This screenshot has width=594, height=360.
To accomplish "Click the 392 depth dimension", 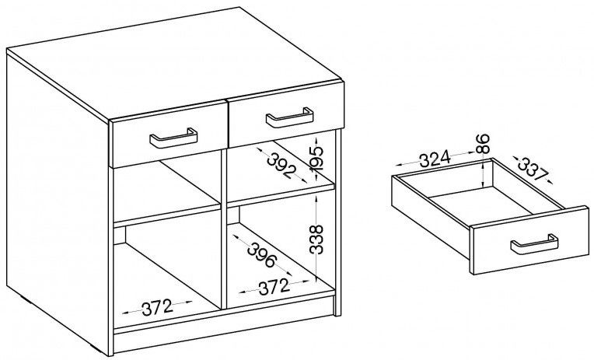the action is [x=281, y=166].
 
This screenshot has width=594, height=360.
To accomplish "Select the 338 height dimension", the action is [x=316, y=239].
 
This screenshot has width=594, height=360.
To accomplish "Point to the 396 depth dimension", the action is [x=262, y=254].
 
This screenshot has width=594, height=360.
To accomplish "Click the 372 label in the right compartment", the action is [x=274, y=287].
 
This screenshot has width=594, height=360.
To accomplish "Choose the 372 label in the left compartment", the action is [x=157, y=307].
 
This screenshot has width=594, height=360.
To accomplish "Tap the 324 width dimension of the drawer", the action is [x=435, y=159].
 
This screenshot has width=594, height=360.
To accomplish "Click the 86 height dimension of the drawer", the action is [x=483, y=144].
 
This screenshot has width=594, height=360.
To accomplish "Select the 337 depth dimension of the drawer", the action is [x=533, y=168].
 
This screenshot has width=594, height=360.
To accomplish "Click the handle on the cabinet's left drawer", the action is [x=173, y=142].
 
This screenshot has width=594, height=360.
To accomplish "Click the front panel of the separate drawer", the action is [x=530, y=240].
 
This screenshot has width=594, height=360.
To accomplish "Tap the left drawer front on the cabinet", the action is [x=169, y=135].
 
